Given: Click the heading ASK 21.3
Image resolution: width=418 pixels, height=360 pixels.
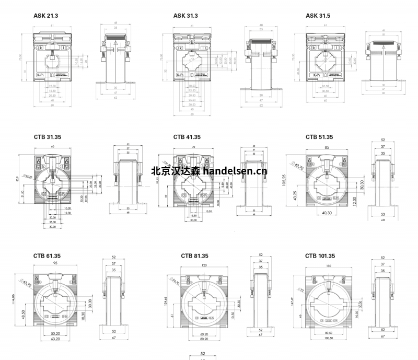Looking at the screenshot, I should point(45,16).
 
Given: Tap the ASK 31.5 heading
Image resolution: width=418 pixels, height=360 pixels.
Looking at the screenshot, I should point(318,16).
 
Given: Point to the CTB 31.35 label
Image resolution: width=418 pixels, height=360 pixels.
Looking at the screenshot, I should point(48,137).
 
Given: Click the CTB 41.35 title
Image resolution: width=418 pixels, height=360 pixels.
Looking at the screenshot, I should point(187,137).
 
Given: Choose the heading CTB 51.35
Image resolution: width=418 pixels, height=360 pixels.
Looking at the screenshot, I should point(319,137).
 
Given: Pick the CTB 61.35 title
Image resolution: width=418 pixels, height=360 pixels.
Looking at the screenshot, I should point(48,256).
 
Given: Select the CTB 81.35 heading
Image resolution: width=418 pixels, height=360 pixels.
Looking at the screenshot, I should point(195,256).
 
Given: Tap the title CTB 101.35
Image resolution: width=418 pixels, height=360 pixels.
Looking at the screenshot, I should point(320,256).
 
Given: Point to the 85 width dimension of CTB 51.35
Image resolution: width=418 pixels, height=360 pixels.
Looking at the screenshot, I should point(327,147).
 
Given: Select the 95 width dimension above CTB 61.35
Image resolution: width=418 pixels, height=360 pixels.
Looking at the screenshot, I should point(55,264).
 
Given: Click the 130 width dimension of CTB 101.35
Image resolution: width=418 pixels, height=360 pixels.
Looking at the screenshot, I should point(329,265).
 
